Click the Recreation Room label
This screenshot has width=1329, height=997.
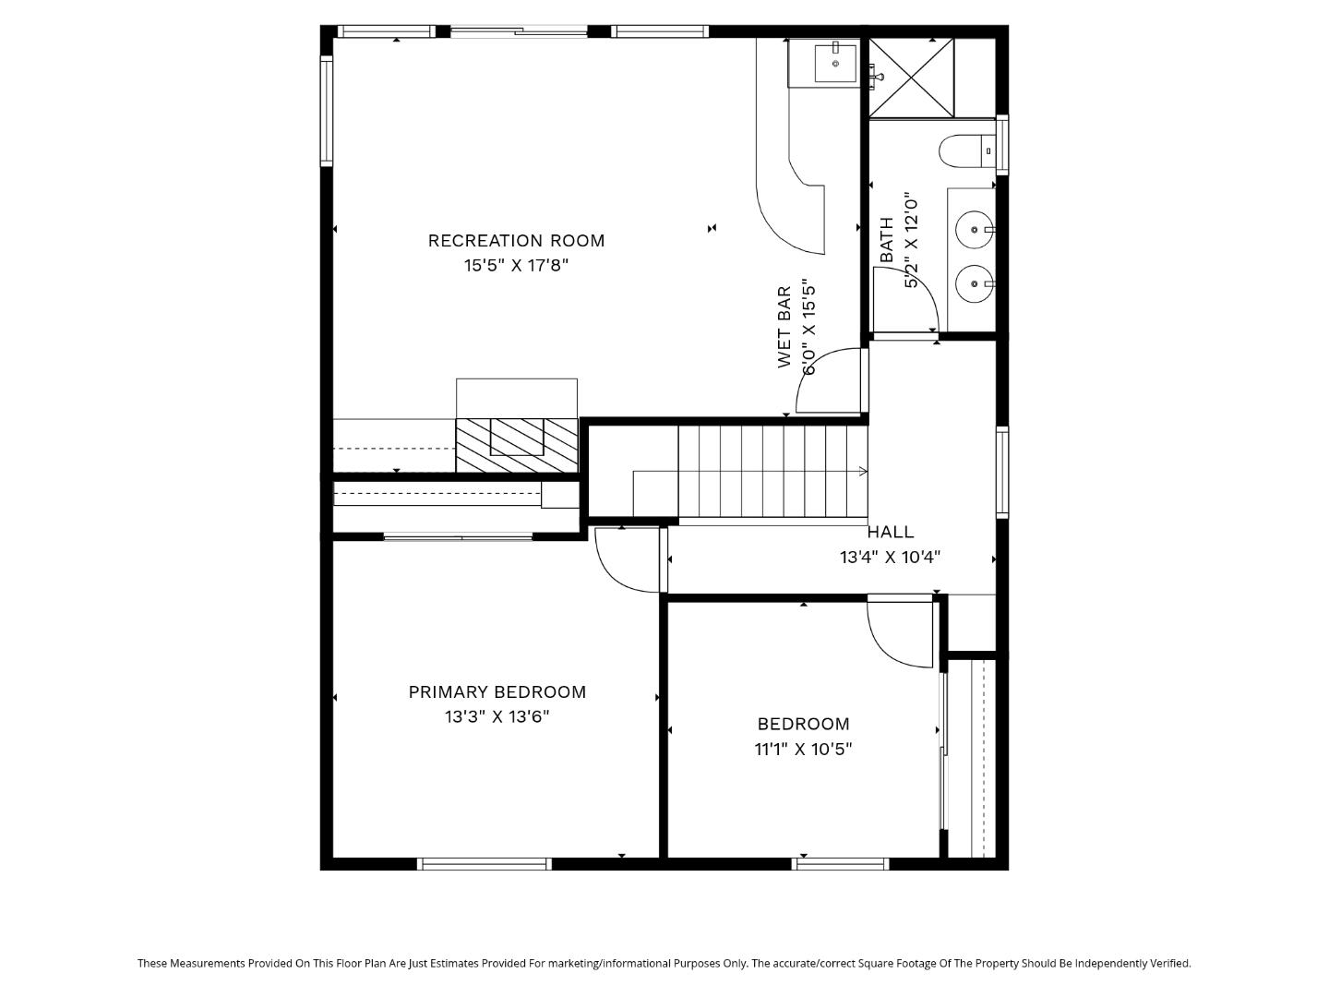coord(516,241)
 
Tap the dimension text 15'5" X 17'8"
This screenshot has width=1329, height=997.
coord(516,266)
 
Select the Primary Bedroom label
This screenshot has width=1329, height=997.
coord(497,692)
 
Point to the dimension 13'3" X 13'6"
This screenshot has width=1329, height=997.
coord(497,717)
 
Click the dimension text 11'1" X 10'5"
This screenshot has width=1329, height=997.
coord(803,749)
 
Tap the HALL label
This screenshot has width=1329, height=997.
coord(891,533)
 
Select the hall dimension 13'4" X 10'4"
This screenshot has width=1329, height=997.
coord(890,558)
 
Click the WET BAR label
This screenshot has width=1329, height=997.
coord(784,327)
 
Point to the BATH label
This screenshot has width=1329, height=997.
coord(887,239)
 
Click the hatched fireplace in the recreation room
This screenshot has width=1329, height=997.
coord(517,445)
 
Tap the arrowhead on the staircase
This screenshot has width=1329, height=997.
coord(863,472)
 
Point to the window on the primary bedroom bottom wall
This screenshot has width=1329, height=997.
coord(485,864)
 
